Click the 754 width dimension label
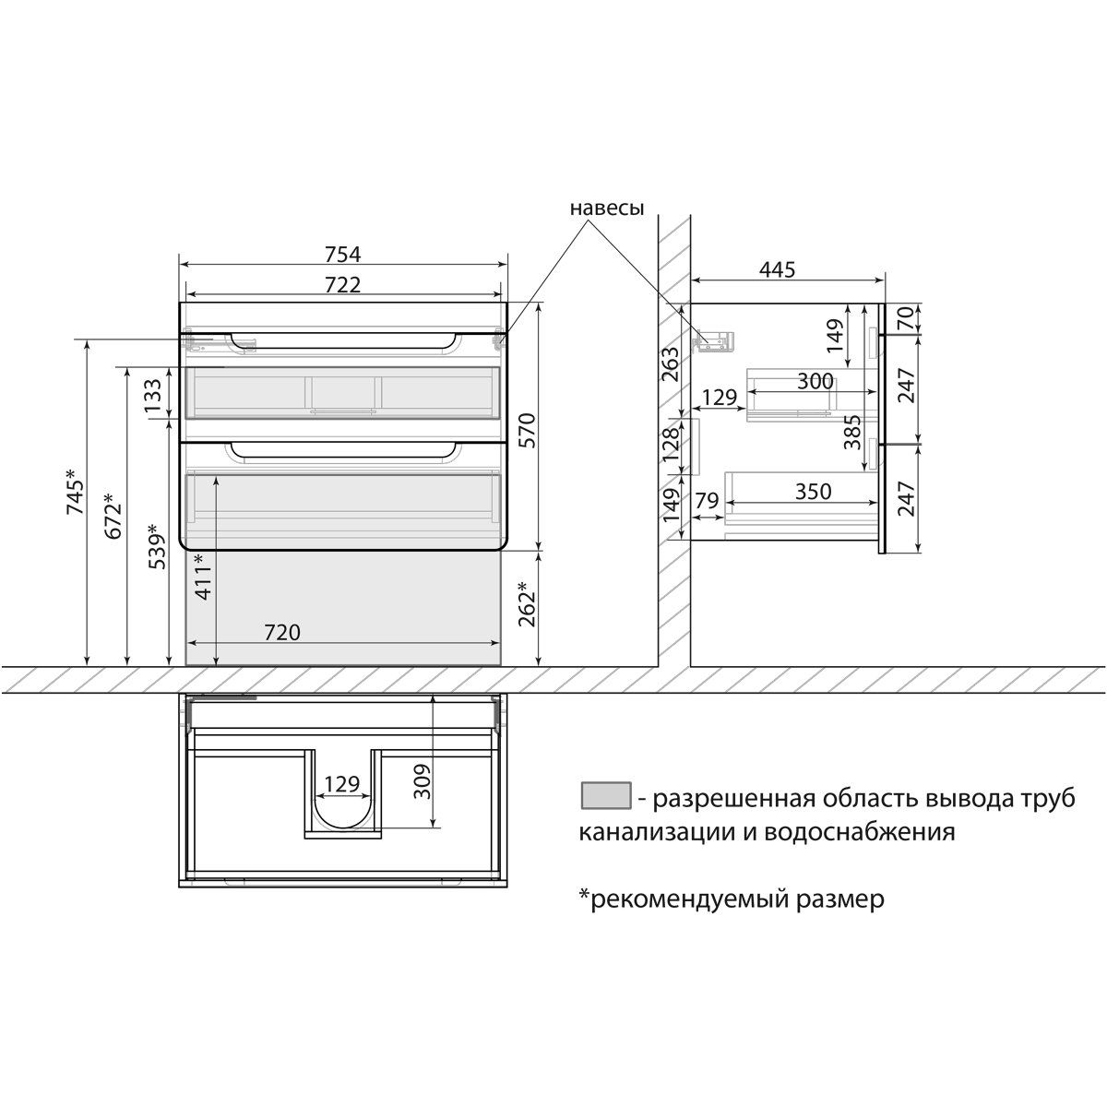tap(342, 254)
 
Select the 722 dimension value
tap(342, 284)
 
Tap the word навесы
tap(607, 208)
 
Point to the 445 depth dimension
tap(778, 269)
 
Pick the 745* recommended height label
tap(76, 492)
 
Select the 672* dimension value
tap(113, 516)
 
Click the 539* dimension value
tap(157, 546)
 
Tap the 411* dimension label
tap(204, 577)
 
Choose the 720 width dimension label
tap(282, 633)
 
